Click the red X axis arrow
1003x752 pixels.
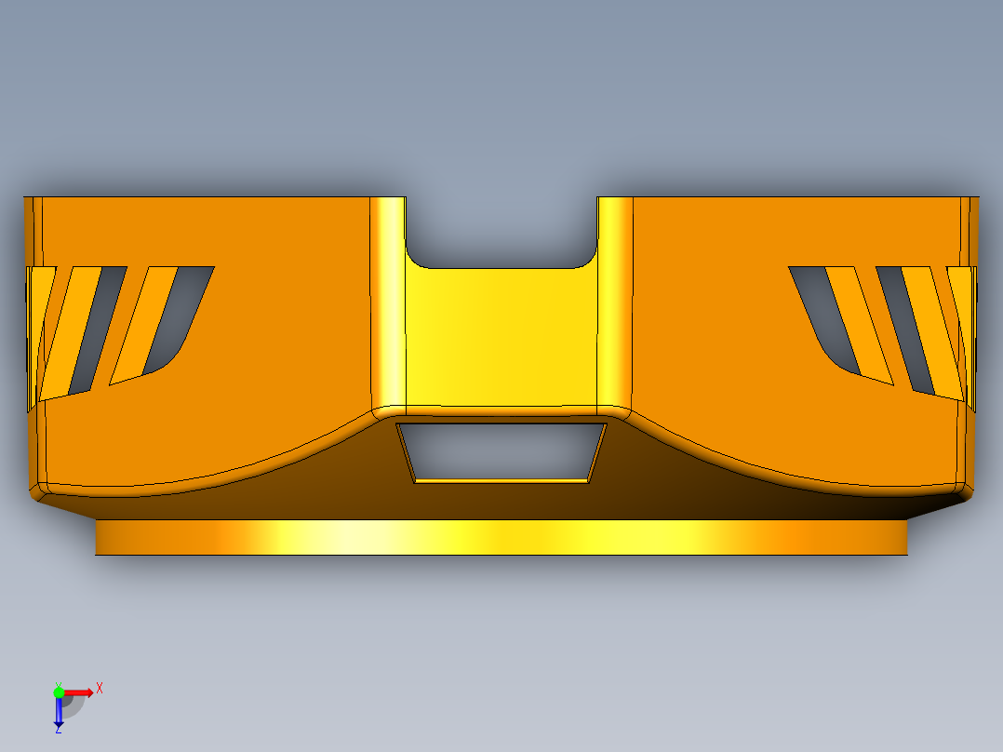78,692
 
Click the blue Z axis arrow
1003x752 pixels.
59,711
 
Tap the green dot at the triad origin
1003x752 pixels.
59,692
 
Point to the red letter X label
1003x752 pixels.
100,689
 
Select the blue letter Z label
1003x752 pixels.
59,730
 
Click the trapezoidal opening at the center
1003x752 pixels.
501,451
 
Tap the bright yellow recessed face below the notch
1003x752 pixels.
501,337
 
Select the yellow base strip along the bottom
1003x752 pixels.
501,537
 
